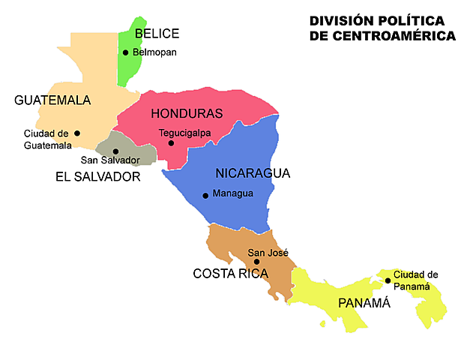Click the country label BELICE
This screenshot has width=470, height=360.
[157, 34]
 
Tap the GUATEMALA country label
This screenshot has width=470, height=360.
[52, 100]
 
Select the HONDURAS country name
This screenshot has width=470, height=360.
[187, 114]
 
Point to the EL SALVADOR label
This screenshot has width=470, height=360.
[98, 177]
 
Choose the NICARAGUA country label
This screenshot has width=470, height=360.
[253, 173]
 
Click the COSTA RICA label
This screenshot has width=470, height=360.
[231, 274]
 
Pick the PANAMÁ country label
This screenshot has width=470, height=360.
[364, 303]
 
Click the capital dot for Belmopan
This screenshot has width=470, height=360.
[126, 52]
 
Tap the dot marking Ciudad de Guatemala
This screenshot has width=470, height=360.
[77, 133]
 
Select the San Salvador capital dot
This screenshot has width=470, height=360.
[115, 151]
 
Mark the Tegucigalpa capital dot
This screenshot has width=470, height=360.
[171, 142]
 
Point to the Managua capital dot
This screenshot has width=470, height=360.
[205, 195]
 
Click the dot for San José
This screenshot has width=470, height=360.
[257, 262]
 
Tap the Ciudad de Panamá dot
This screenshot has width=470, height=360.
[388, 280]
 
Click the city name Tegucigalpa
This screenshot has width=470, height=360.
[185, 133]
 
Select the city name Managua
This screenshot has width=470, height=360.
[233, 193]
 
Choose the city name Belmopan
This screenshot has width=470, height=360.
[155, 52]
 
